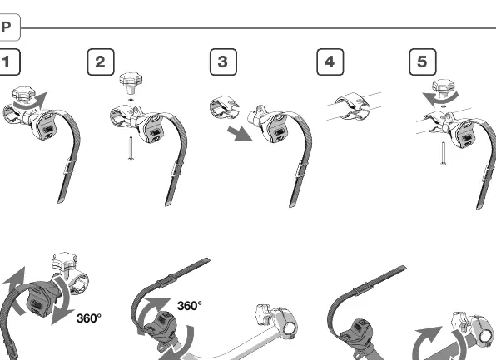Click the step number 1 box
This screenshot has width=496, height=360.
pos(9,62)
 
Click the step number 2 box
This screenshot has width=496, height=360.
pos(101,62)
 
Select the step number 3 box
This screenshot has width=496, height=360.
pos(223,62)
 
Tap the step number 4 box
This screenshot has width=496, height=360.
pos(330,62)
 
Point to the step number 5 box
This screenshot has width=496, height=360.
pos(423,62)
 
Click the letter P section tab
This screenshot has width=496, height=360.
pos(9,27)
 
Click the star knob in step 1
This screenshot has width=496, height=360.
pos(23,94)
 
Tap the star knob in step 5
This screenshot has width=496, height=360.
pos(444,86)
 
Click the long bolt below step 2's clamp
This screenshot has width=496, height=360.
pos(131,149)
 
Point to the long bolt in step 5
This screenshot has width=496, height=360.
pos(444,154)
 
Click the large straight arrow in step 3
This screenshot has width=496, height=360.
pos(240,134)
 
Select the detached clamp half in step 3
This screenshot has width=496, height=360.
pos(224,107)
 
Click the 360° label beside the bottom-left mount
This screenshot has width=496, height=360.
pos(89,318)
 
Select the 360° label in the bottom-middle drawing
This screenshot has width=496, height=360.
pos(190,306)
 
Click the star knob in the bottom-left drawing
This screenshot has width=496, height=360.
pos(65,261)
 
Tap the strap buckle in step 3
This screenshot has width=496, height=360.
pos(300,170)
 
